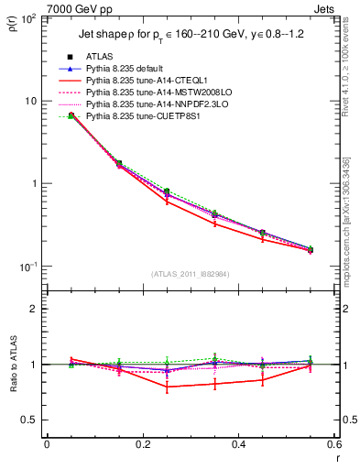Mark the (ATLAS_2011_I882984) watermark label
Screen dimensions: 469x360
pos(191,274)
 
